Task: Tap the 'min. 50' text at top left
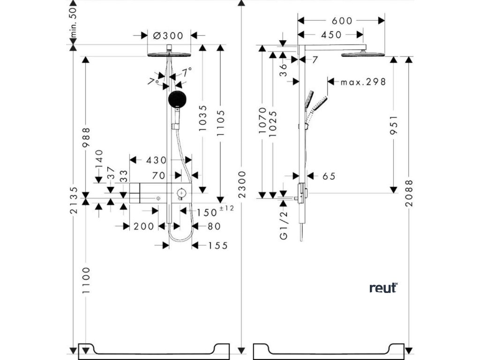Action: [74, 22]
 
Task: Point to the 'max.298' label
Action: [363, 82]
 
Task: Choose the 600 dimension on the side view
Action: [341, 21]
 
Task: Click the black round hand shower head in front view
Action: [177, 99]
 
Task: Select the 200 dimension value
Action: [143, 226]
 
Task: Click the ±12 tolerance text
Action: [226, 208]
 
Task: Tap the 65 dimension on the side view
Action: [329, 176]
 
